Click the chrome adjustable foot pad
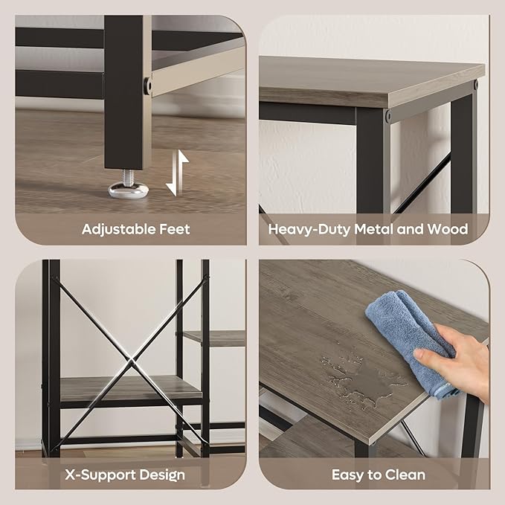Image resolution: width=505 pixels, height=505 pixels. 128,190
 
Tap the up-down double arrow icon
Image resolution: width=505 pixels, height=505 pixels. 177,173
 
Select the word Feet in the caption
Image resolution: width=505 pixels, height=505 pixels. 175,229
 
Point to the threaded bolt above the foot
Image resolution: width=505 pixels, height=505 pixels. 128,176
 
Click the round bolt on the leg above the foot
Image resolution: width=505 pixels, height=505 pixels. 147,86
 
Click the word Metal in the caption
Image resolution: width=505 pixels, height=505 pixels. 373,229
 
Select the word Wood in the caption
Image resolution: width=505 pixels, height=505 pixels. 447,229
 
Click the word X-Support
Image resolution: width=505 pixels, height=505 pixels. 100,475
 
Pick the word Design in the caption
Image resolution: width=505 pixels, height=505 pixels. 163,476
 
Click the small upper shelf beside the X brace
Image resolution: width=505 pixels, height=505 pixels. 213,338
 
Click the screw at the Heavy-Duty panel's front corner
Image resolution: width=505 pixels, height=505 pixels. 388,115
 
